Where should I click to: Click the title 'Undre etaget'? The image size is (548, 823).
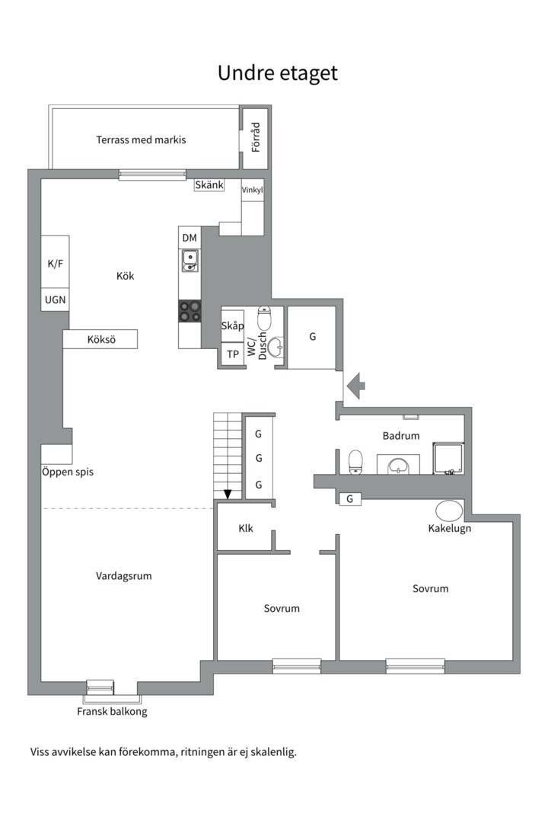(277, 73)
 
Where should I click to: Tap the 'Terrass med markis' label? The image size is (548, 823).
(141, 139)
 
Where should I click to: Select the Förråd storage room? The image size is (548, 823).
(256, 138)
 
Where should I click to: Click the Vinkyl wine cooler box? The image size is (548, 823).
(252, 190)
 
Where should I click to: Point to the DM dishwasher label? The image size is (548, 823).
(190, 238)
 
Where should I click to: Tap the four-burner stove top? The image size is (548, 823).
(190, 311)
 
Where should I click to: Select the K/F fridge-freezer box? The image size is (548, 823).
(55, 262)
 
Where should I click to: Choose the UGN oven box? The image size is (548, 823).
(55, 299)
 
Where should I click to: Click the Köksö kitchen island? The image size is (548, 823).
(100, 339)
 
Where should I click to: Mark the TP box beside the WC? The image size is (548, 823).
(232, 354)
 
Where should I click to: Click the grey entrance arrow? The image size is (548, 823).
(356, 386)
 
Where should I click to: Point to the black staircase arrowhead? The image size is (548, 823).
(228, 494)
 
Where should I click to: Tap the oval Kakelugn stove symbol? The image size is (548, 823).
(449, 510)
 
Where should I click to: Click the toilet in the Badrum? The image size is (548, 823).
(355, 462)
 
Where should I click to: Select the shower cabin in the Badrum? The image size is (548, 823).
(448, 458)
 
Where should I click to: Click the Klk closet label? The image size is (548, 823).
(245, 529)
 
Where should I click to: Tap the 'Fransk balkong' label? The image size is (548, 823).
(112, 712)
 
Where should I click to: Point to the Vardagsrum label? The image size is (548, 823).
(124, 576)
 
